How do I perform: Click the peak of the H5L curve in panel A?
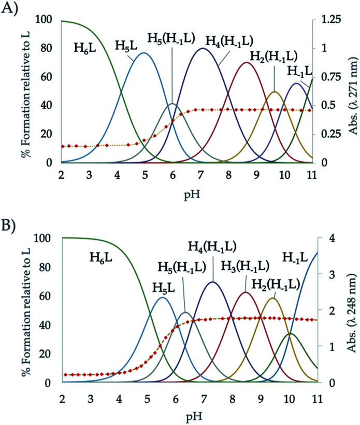pyautogui.click(x=143, y=53)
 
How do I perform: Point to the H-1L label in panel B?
pyautogui.click(x=294, y=256)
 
